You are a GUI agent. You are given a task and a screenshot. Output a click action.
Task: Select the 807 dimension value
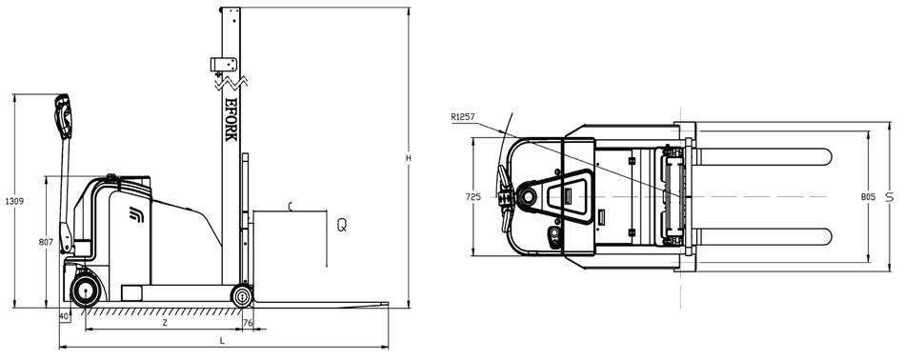pos(46,243)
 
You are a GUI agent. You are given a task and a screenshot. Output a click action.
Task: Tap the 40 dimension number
pos(64,316)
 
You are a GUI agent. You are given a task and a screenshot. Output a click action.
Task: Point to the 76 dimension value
pos(248,323)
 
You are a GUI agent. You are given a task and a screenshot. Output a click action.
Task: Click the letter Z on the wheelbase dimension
pos(164,323)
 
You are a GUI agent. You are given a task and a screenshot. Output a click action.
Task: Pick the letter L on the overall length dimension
pos(222,341)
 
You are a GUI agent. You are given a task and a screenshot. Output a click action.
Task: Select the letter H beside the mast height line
pos(409,158)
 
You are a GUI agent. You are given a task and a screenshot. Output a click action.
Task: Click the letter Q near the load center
pos(342,225)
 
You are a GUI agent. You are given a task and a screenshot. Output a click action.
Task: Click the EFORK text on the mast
pos(231,119)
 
